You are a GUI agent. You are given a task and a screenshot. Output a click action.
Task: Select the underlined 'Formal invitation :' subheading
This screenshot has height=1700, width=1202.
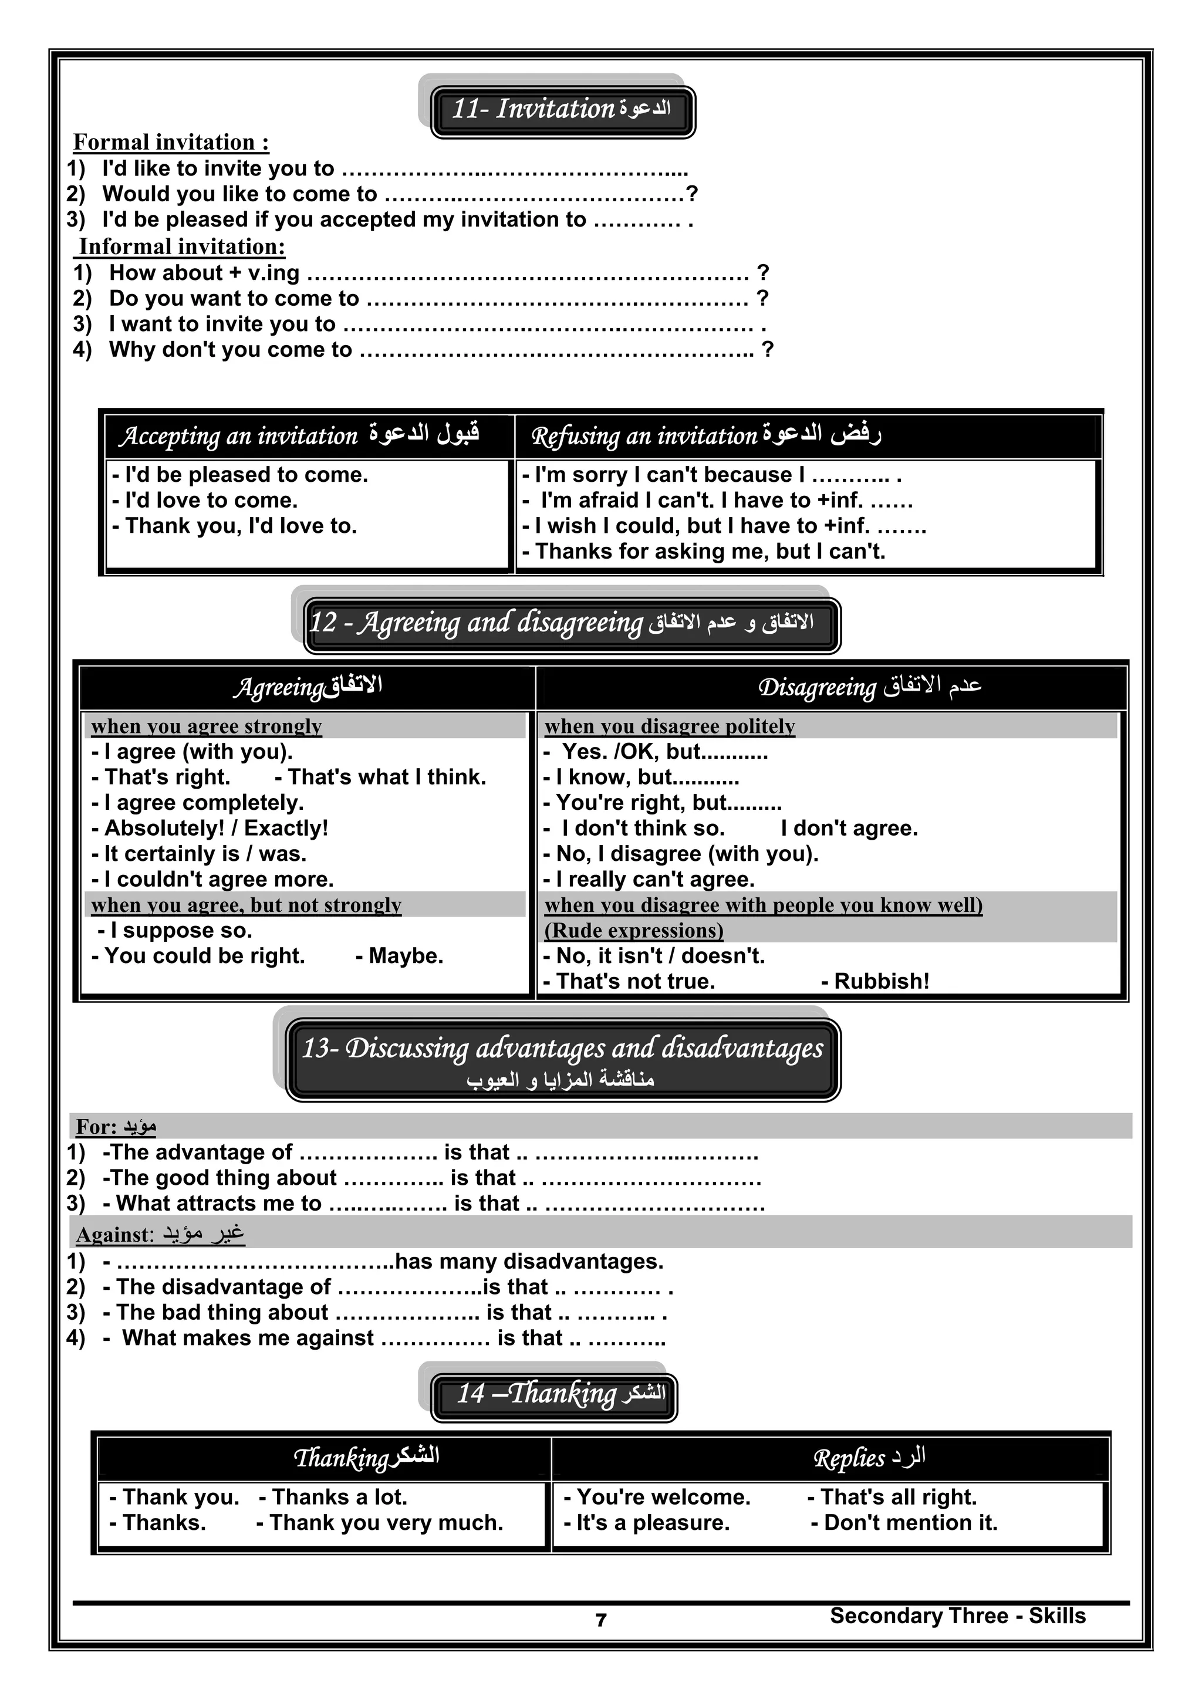[171, 142]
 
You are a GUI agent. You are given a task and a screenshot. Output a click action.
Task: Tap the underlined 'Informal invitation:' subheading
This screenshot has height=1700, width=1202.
[181, 246]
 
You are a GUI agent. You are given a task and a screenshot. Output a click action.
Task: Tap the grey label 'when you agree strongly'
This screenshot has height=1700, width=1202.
[207, 726]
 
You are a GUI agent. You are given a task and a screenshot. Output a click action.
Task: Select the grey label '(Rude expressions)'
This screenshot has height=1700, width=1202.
[634, 931]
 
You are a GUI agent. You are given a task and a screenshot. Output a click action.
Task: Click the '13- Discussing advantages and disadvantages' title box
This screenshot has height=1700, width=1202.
[563, 1059]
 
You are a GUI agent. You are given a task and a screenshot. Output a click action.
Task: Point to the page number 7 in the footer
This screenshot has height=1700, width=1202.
[602, 1620]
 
